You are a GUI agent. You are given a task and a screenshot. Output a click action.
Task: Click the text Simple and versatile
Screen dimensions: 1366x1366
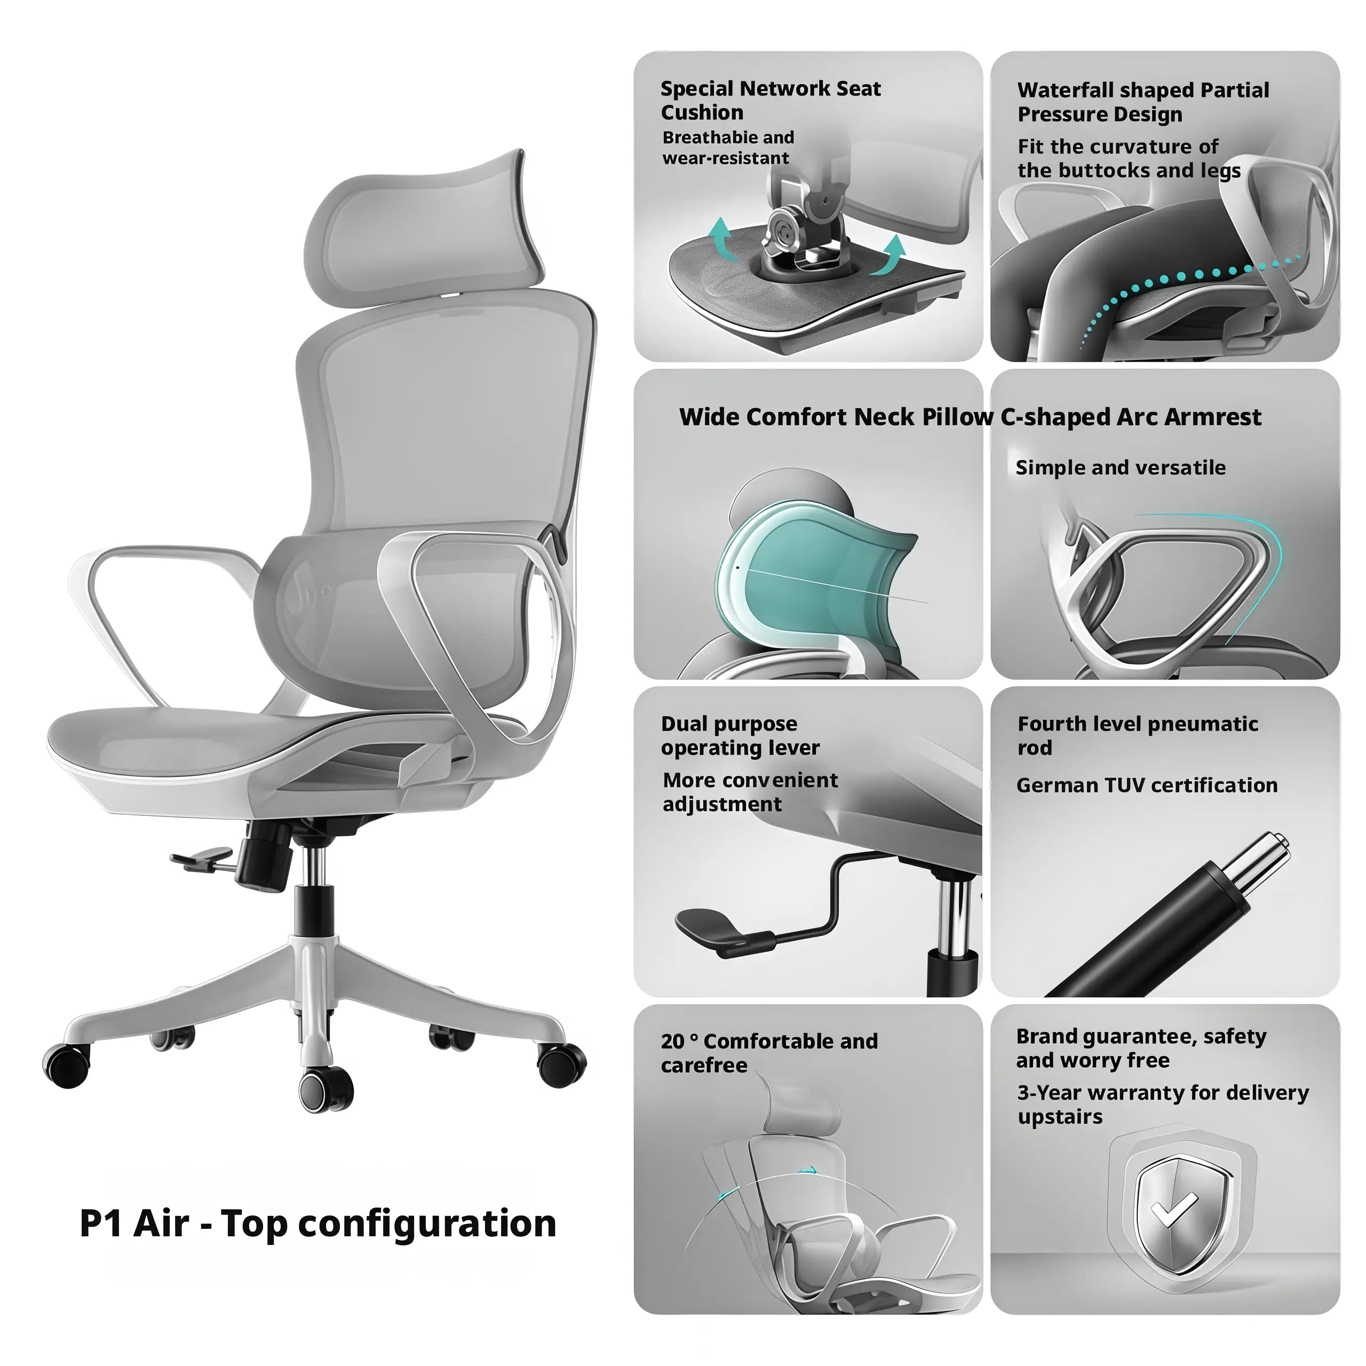(1120, 468)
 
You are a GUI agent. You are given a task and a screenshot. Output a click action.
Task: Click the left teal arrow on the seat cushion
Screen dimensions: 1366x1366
(721, 237)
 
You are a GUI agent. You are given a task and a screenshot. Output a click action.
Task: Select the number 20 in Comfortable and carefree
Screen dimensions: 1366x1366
(672, 1042)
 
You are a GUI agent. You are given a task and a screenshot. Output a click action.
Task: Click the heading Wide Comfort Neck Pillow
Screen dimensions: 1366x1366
(835, 417)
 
